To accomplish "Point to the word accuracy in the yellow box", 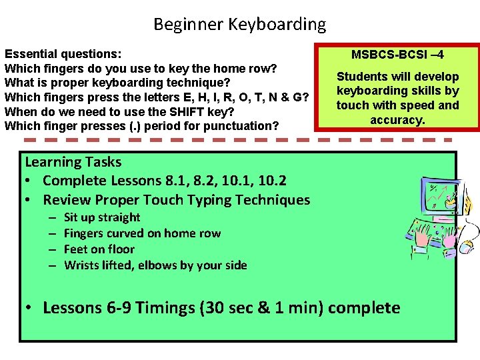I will [x=397, y=119].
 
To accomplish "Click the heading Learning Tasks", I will [x=73, y=162].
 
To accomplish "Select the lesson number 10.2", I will [x=273, y=181].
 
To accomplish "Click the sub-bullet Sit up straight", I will [x=102, y=217].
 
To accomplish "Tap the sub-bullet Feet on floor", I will [x=99, y=249].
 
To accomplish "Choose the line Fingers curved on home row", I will [x=142, y=233].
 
